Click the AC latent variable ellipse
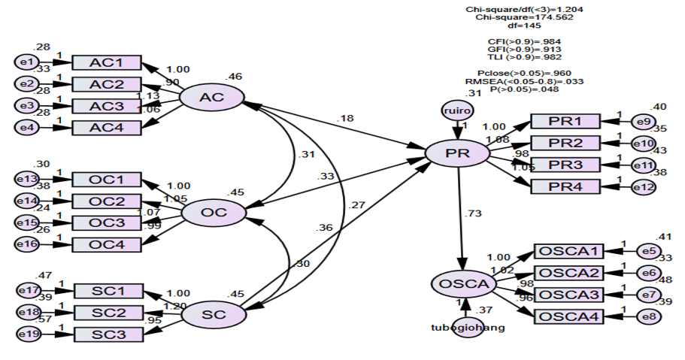[x=211, y=98]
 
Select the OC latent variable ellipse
[x=214, y=213]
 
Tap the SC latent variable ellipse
[x=214, y=315]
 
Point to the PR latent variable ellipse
[x=458, y=153]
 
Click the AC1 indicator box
[x=106, y=62]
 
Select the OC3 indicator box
[x=106, y=222]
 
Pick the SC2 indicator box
[x=107, y=312]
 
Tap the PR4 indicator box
[x=565, y=186]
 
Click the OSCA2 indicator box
[x=568, y=273]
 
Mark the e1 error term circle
[x=27, y=62]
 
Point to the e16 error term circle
[x=28, y=244]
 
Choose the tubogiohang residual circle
[x=468, y=327]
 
